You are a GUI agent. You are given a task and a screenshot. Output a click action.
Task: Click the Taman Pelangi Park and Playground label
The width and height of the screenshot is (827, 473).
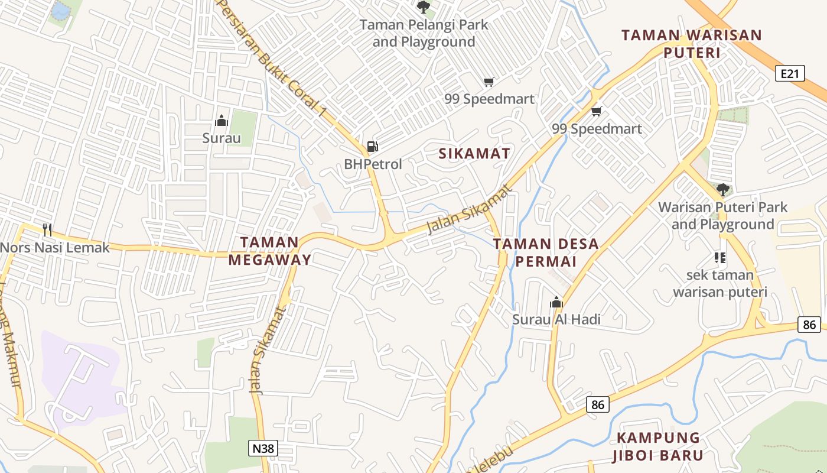[424, 33]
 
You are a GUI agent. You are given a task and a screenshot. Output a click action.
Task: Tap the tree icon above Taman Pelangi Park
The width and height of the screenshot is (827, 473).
[424, 7]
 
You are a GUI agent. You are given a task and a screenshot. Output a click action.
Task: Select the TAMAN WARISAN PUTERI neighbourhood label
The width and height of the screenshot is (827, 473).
[692, 44]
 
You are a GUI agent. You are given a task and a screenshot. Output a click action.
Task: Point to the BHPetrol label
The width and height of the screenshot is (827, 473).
[373, 164]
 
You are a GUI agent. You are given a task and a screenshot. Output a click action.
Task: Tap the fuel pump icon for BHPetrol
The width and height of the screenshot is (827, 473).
[372, 147]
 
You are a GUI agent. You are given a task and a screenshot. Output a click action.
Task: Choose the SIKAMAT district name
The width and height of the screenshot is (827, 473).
[474, 154]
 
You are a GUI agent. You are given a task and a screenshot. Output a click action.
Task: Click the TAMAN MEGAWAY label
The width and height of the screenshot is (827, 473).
[270, 251]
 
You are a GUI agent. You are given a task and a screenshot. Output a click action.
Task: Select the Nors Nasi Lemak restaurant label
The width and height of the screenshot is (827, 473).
[55, 247]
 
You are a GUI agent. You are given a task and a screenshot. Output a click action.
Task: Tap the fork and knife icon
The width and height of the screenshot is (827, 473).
[47, 229]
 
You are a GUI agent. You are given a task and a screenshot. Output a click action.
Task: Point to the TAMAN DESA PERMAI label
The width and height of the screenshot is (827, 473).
[546, 252]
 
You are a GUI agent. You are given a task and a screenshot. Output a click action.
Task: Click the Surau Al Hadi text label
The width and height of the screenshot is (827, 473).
[556, 319]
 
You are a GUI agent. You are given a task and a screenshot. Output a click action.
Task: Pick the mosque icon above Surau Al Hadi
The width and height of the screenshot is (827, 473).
[556, 303]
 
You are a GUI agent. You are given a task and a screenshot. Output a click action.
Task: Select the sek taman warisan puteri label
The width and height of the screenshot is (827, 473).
[719, 283]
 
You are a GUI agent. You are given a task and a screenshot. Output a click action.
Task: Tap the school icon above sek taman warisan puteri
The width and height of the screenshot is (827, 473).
[719, 257]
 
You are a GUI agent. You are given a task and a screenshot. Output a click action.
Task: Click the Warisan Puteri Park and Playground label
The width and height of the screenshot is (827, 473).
[723, 216]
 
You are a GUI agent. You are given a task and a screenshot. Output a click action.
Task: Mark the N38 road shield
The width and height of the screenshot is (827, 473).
[263, 448]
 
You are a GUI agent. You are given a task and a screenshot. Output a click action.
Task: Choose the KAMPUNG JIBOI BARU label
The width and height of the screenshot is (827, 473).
[658, 446]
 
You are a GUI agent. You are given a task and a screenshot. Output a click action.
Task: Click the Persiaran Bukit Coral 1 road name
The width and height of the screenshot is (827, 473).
[272, 58]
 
